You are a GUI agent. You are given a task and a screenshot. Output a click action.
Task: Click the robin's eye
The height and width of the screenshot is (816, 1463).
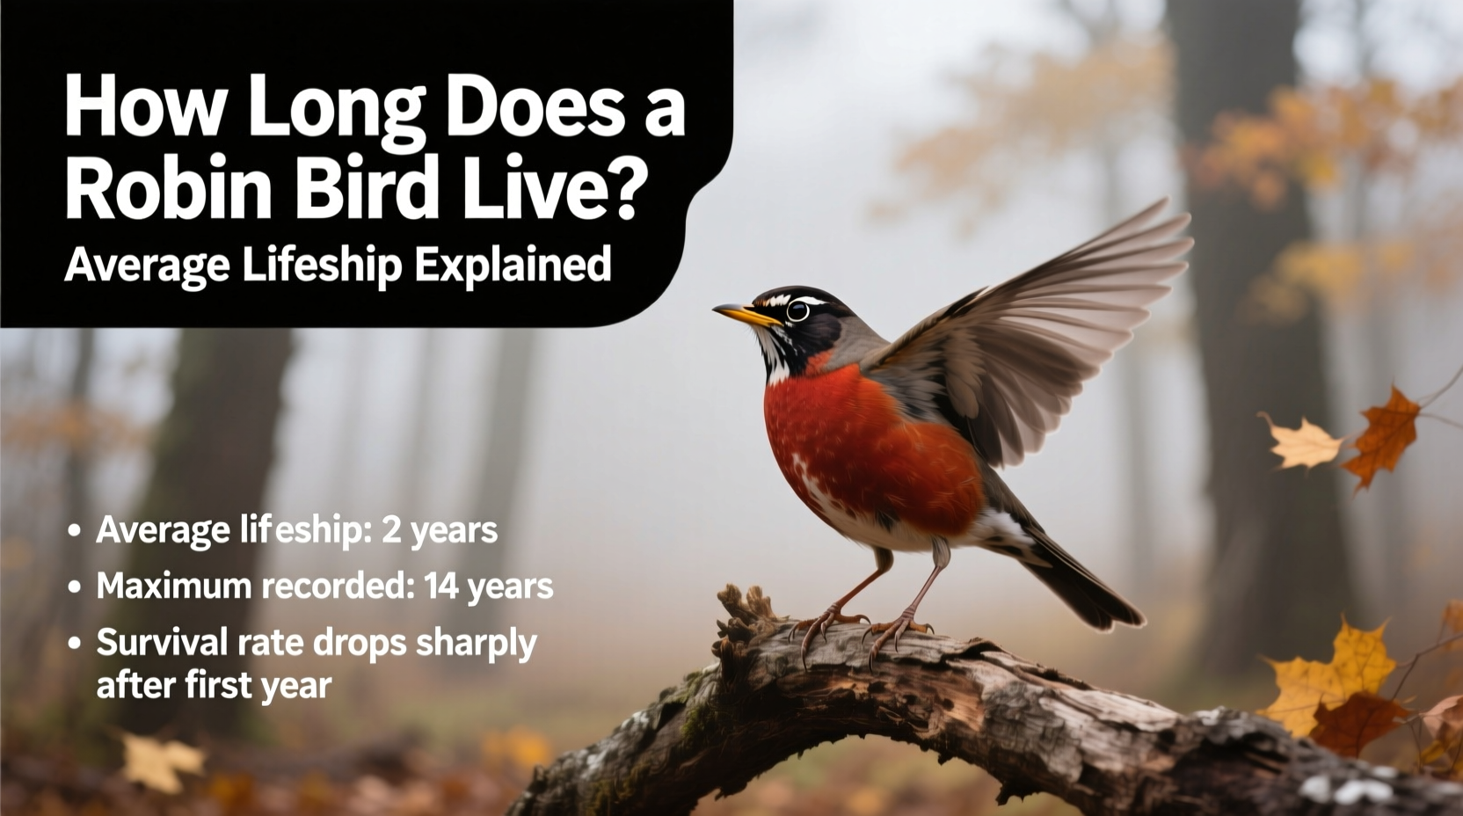click(797, 310)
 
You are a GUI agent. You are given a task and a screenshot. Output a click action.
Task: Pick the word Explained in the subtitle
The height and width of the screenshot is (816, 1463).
click(513, 263)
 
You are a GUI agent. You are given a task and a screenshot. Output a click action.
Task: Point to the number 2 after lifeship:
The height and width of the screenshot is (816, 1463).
click(391, 530)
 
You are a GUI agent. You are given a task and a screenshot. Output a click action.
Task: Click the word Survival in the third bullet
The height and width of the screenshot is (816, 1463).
click(162, 643)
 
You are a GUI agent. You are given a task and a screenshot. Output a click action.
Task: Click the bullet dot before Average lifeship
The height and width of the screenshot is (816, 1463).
click(75, 531)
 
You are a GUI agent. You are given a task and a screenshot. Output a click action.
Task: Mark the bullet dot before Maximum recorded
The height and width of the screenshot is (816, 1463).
click(75, 586)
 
